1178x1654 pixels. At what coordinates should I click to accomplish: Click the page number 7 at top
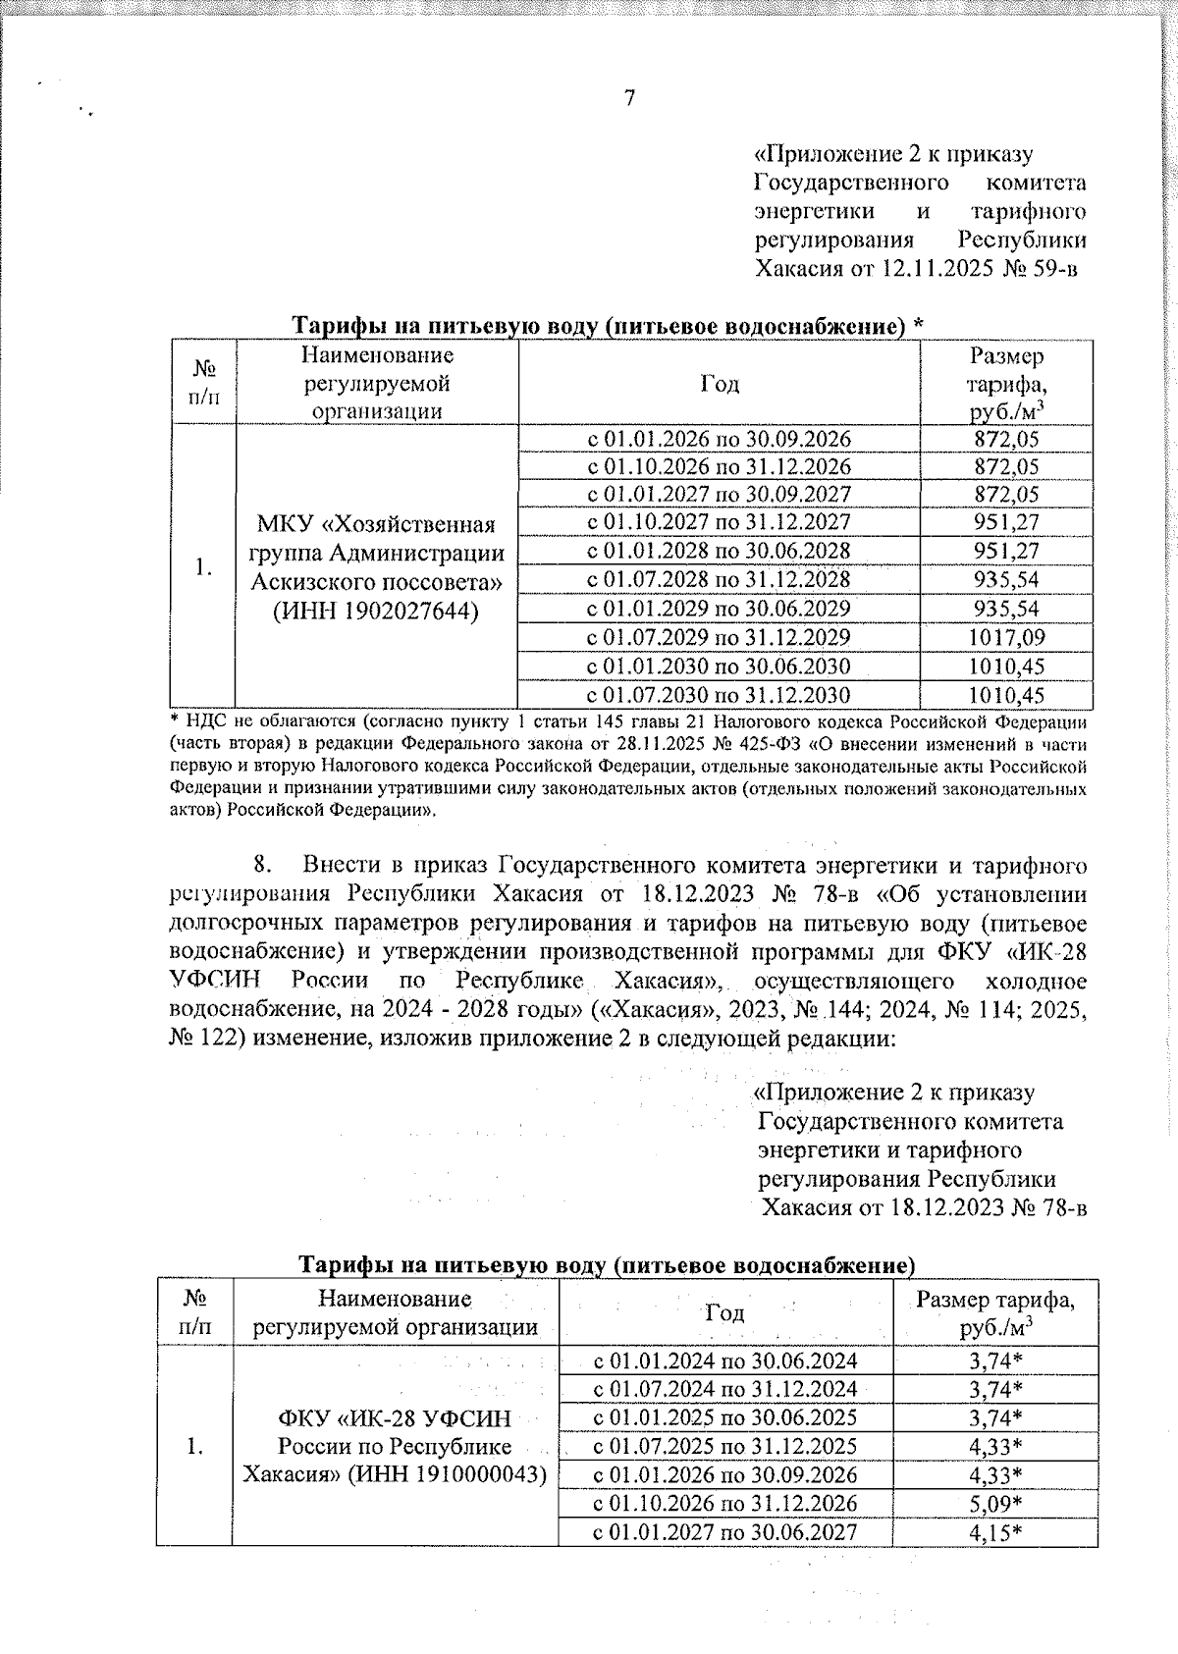click(629, 98)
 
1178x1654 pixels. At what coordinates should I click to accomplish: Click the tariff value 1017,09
click(1005, 638)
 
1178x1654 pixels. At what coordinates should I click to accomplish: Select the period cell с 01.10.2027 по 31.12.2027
click(719, 522)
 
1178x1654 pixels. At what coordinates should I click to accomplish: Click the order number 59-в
click(1053, 269)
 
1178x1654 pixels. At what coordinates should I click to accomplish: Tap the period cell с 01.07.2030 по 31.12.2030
click(719, 696)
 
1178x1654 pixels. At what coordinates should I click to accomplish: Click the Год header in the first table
click(719, 384)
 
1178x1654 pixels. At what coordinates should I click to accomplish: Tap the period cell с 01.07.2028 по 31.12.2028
click(719, 580)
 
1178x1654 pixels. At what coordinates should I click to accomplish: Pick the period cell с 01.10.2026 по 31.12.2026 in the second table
click(725, 1504)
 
